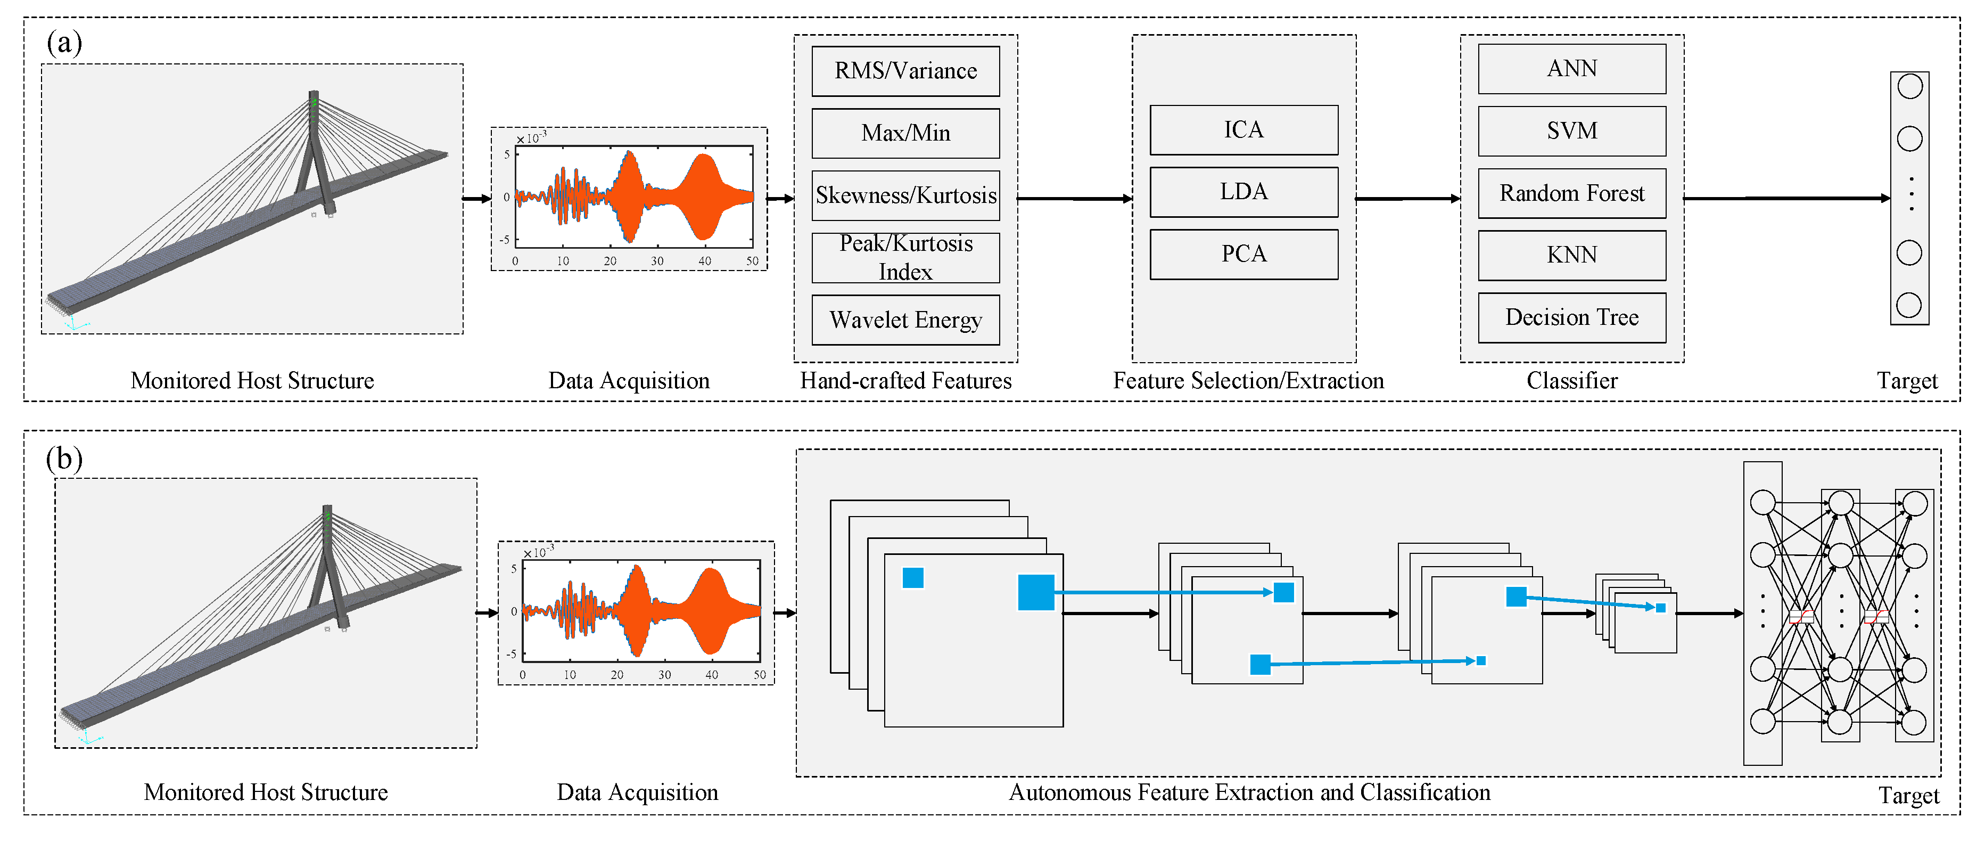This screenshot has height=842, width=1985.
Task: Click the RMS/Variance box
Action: [905, 71]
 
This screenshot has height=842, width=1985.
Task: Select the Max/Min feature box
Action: [905, 133]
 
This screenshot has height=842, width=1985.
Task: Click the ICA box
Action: [1243, 129]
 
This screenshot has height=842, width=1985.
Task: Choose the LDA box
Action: [1243, 192]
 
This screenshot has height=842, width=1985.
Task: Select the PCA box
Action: [1243, 254]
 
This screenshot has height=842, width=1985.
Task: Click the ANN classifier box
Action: [1572, 69]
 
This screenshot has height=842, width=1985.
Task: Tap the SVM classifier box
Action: [1572, 131]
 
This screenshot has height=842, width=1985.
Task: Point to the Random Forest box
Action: [1572, 193]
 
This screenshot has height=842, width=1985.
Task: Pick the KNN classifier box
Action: [1572, 255]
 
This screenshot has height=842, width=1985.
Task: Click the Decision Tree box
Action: [1572, 317]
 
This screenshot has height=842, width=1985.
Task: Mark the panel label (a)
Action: [64, 43]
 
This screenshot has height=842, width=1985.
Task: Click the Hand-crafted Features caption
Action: [905, 380]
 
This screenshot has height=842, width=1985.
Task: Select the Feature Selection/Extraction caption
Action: [1248, 380]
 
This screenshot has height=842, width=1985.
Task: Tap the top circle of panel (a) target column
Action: [1909, 86]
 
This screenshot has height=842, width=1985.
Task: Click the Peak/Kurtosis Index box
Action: [905, 258]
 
